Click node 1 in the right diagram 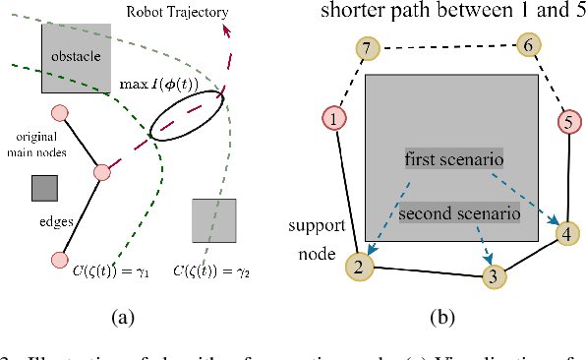pos(335,120)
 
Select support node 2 pos(359,266)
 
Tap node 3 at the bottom pos(496,276)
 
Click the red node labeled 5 pos(567,123)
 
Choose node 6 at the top pos(527,45)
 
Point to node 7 pos(366,49)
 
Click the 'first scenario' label pos(454,158)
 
